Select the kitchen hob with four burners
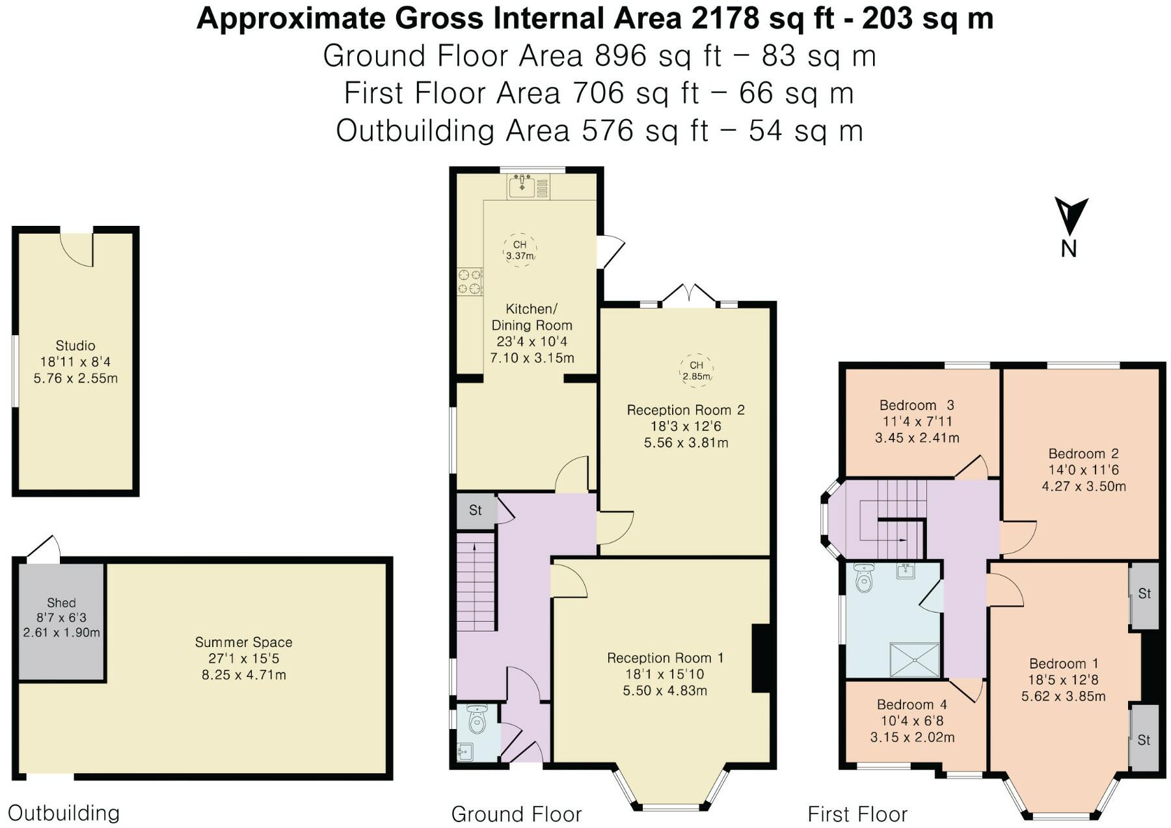point(470,282)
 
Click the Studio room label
point(75,346)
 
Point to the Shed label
point(61,603)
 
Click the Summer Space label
point(244,642)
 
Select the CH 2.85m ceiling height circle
point(696,370)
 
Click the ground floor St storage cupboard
point(476,510)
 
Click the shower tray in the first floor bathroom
point(915,659)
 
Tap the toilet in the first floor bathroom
point(863,577)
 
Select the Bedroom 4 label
point(912,704)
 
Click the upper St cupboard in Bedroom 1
point(1144,594)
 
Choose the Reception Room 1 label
point(665,658)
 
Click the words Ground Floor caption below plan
point(517,814)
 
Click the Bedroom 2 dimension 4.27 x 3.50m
point(1084,486)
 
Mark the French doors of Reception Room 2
point(690,296)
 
